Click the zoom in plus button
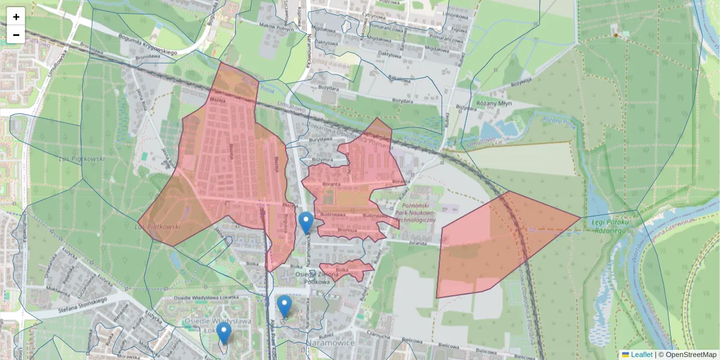point(16,17)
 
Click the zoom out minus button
point(16,35)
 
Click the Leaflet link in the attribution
point(641,355)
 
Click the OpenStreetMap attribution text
point(691,355)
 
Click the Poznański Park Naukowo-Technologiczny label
point(415,212)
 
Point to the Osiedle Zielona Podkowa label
point(316,278)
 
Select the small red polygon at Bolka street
point(346,270)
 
